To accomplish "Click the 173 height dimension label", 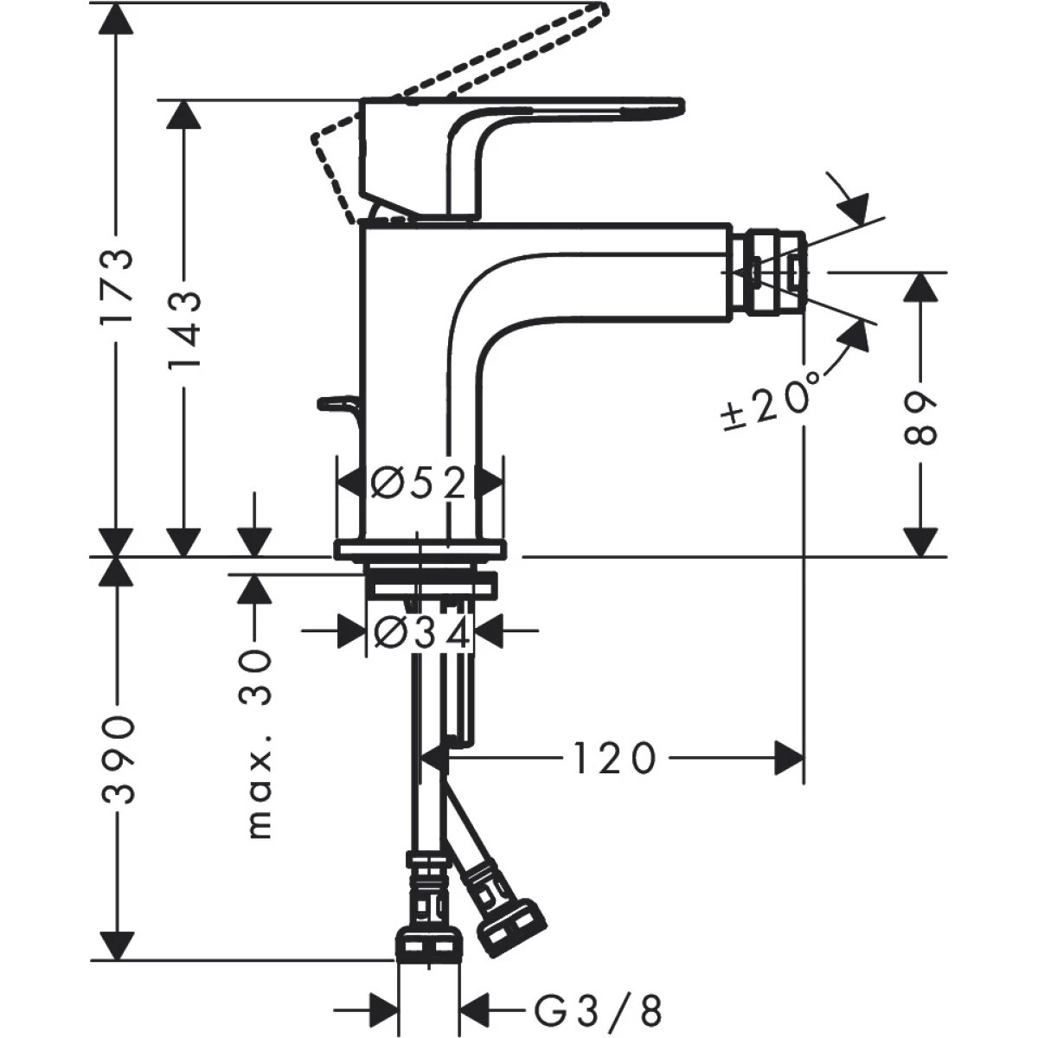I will click(116, 286).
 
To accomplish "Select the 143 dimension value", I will click(183, 328).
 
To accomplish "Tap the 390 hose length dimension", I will click(117, 759).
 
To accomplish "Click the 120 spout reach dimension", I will click(613, 759).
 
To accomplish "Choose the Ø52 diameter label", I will click(419, 483).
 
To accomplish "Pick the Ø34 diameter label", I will click(421, 634).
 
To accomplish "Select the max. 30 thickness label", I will click(257, 743).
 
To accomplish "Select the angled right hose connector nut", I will click(509, 925).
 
